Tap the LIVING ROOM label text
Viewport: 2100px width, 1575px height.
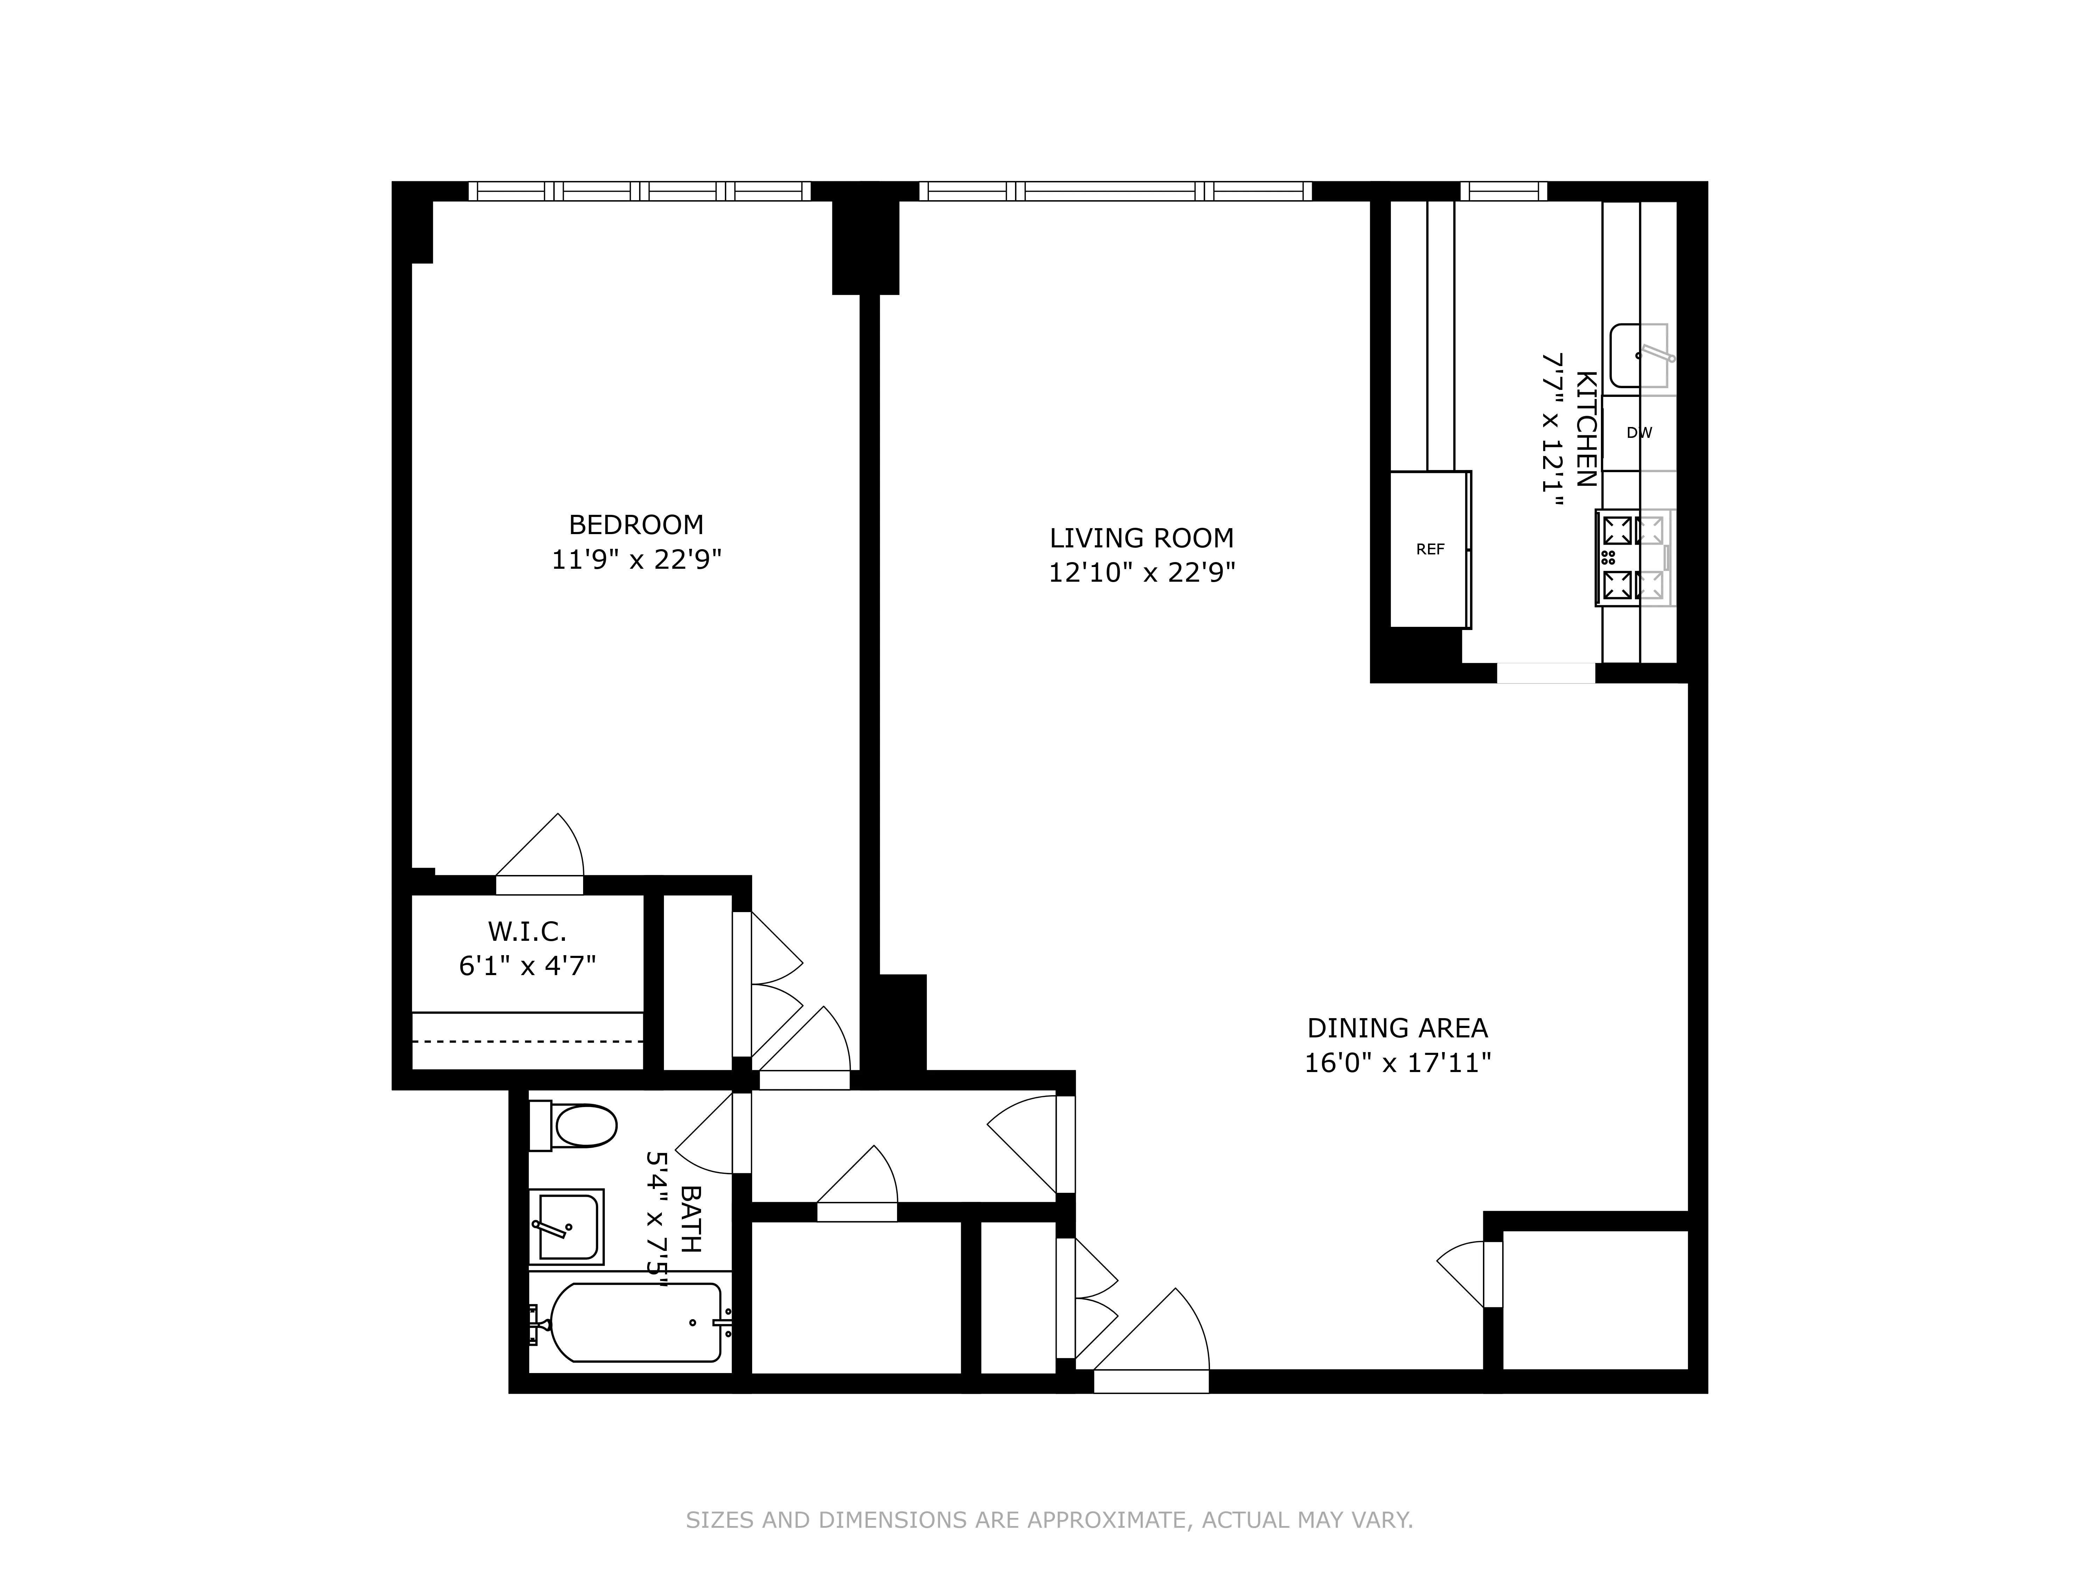(x=1141, y=538)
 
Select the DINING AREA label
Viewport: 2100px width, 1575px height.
(x=1396, y=1028)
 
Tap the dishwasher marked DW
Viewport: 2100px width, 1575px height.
(x=1639, y=433)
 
